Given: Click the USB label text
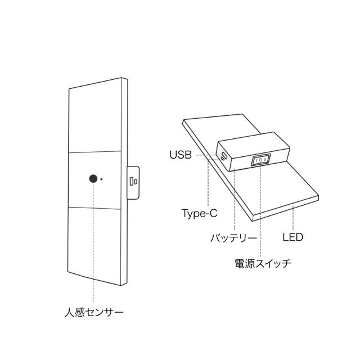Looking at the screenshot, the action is [x=181, y=155].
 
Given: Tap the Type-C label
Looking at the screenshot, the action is [x=199, y=214].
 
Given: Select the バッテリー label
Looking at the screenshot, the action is [x=233, y=237].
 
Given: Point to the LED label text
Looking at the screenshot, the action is [x=292, y=237].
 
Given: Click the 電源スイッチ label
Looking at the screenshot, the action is [x=263, y=263].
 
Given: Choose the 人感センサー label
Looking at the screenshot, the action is [x=94, y=312].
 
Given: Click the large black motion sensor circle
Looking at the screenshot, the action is [x=93, y=179].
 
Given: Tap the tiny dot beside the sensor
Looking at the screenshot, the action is [x=101, y=179].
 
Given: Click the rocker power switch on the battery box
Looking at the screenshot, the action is [x=260, y=160].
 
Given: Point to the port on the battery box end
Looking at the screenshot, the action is [x=224, y=157].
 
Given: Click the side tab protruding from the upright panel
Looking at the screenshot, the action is [x=133, y=182].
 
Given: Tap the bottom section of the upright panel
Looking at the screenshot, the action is [x=94, y=245].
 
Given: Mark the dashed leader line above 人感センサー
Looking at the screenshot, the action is [x=93, y=242].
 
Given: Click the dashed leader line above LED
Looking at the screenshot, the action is [x=293, y=219].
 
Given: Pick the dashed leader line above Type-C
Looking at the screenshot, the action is [x=208, y=182].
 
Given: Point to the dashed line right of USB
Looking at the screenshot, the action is [x=209, y=155].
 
